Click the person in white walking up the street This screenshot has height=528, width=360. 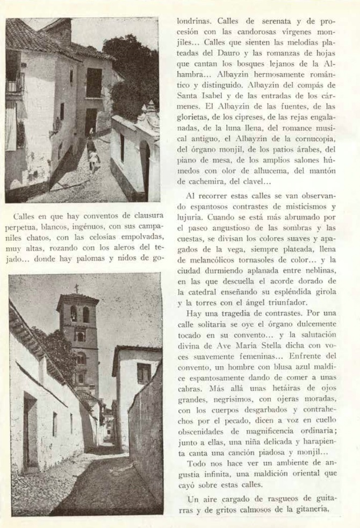pos(94,159)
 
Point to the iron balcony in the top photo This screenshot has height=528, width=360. pos(15,83)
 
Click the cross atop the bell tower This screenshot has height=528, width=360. pos(77,288)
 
